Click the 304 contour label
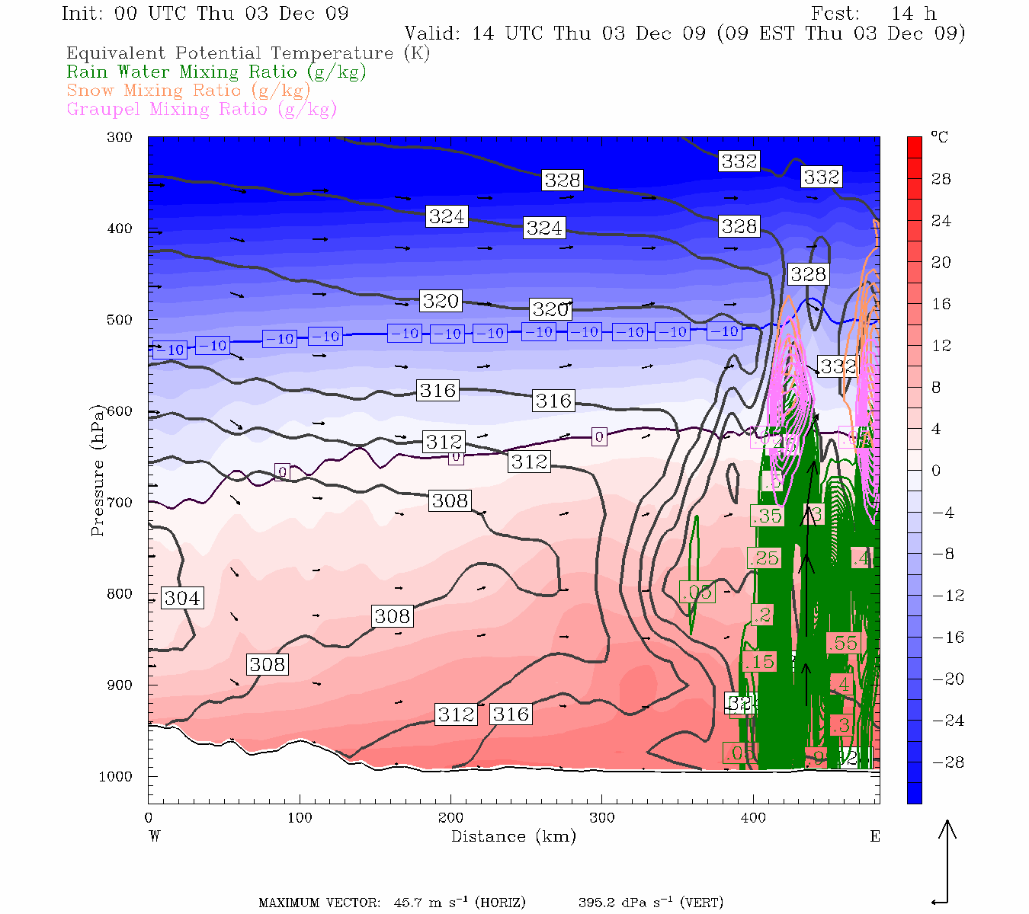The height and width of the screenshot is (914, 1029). click(x=182, y=598)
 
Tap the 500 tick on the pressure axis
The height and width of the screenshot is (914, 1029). click(x=119, y=320)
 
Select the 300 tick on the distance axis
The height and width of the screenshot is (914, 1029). click(x=601, y=818)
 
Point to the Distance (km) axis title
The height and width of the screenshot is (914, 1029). click(x=513, y=836)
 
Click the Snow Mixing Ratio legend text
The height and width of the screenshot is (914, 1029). click(x=188, y=91)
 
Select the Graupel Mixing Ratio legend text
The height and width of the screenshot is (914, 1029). click(x=201, y=109)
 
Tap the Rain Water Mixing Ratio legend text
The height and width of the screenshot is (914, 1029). click(x=216, y=72)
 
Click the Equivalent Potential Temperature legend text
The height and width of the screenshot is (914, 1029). click(x=248, y=53)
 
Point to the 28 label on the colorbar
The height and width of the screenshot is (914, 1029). click(x=941, y=179)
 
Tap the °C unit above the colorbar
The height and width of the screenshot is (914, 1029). click(x=939, y=138)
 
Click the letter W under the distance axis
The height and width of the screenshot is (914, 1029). click(x=154, y=836)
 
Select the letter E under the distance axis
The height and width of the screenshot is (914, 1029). click(x=875, y=836)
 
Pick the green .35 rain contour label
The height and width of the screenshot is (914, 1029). click(x=767, y=516)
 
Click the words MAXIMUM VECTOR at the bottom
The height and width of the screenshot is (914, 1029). click(x=319, y=903)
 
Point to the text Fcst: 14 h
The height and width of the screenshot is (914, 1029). click(x=874, y=14)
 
